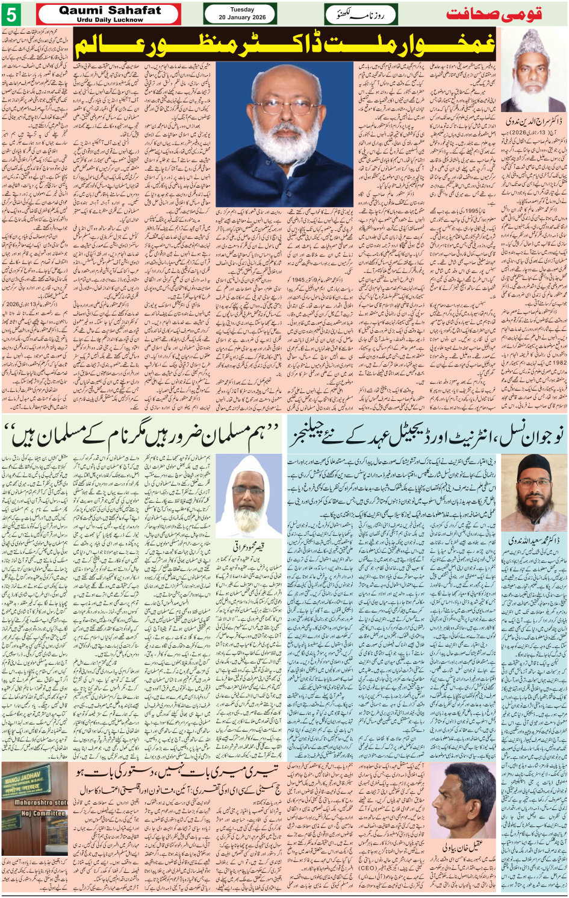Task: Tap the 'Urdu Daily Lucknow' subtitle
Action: click(110, 20)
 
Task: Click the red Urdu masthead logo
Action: click(493, 14)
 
